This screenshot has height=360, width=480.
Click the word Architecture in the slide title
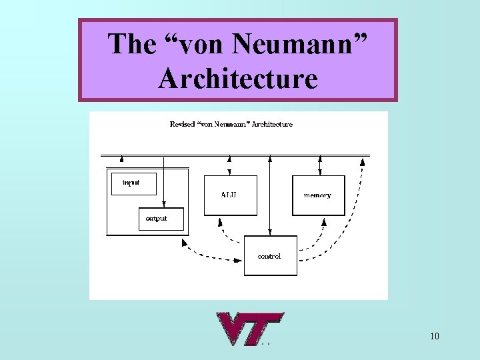[x=238, y=79]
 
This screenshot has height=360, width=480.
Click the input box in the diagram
[x=133, y=183]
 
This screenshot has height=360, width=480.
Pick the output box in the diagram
[x=161, y=219]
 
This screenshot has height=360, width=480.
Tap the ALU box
[x=230, y=195]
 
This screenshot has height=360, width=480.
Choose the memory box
[x=318, y=195]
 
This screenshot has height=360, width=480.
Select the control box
[x=270, y=255]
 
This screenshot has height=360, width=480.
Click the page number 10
[x=434, y=336]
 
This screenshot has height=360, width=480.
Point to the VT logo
[x=248, y=329]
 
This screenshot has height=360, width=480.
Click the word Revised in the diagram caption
[x=182, y=124]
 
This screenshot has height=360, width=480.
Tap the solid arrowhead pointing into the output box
[x=163, y=205]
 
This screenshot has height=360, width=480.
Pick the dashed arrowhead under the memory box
[x=325, y=220]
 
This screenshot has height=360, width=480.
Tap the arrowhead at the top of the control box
[x=269, y=232]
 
